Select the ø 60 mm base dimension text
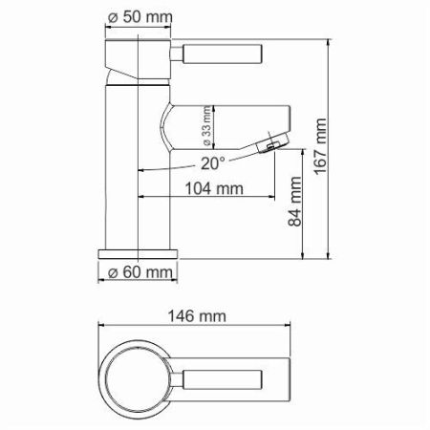click(x=140, y=273)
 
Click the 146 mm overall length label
click(x=199, y=316)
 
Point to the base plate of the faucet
click(x=140, y=253)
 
